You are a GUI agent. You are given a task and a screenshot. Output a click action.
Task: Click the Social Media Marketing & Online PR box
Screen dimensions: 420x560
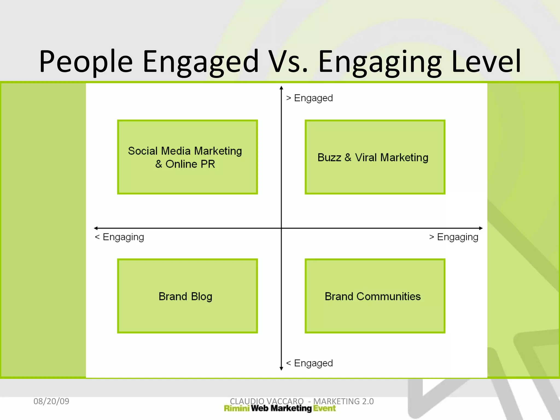pyautogui.click(x=187, y=157)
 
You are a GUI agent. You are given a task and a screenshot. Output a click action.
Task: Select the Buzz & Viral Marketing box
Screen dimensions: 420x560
pyautogui.click(x=375, y=157)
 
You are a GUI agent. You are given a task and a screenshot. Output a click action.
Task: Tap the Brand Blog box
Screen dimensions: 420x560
pyautogui.click(x=187, y=296)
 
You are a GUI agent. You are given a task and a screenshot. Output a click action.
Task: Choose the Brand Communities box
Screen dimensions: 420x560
pyautogui.click(x=375, y=296)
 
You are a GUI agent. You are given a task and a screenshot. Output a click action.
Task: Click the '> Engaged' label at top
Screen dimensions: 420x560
pyautogui.click(x=309, y=98)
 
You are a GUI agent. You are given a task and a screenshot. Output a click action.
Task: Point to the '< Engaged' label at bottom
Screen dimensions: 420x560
pyautogui.click(x=309, y=363)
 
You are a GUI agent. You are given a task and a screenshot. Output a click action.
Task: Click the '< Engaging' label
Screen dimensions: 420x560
pyautogui.click(x=119, y=237)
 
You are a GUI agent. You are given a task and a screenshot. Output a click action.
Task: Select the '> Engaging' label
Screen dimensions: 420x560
pyautogui.click(x=454, y=237)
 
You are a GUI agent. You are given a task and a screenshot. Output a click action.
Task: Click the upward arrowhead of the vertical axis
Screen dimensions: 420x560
pyautogui.click(x=281, y=88)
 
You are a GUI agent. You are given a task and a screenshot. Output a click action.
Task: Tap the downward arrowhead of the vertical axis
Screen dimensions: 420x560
pyautogui.click(x=281, y=369)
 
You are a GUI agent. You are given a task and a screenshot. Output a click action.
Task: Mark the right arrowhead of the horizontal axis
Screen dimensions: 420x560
pyautogui.click(x=481, y=228)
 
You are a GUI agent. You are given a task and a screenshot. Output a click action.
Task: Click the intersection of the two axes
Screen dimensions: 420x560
pyautogui.click(x=281, y=228)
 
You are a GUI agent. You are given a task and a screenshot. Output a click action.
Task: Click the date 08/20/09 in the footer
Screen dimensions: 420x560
pyautogui.click(x=51, y=401)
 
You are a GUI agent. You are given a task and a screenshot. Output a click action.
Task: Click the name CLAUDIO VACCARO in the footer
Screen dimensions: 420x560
pyautogui.click(x=267, y=401)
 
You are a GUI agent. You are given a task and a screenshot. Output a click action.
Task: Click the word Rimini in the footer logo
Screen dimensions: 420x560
pyautogui.click(x=237, y=409)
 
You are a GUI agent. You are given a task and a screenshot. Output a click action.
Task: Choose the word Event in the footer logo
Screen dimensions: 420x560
pyautogui.click(x=324, y=409)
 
